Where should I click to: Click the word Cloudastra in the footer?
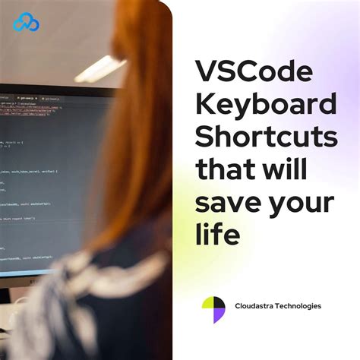(257, 306)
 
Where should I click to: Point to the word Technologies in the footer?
(301, 306)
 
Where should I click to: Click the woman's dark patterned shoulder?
(122, 304)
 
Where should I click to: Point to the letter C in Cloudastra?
(238, 306)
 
